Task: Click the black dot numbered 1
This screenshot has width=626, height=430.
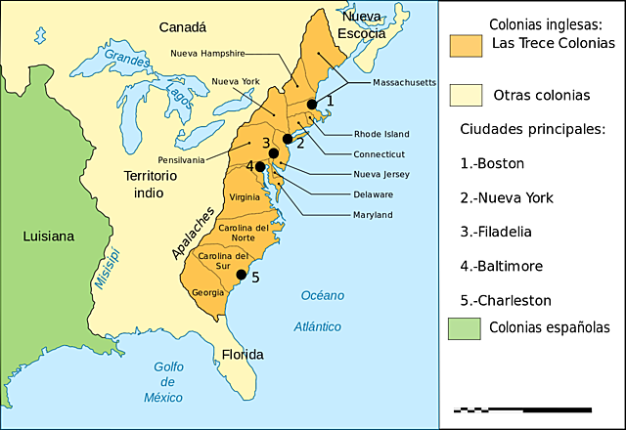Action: click(x=312, y=105)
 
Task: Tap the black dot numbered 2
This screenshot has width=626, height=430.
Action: click(x=288, y=140)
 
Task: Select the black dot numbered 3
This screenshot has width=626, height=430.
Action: click(x=274, y=153)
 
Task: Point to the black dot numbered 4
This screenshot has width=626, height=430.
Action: click(x=261, y=167)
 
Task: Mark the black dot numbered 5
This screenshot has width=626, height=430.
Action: click(x=242, y=275)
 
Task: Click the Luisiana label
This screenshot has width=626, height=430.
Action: click(x=48, y=236)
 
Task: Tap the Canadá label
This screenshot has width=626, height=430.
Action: click(x=182, y=27)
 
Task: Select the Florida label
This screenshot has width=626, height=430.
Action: click(x=242, y=354)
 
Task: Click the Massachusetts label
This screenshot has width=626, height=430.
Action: click(x=404, y=83)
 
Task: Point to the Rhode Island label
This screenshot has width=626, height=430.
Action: click(x=381, y=134)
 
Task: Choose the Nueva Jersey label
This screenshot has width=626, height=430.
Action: click(x=381, y=174)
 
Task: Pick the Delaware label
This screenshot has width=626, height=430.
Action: click(x=373, y=194)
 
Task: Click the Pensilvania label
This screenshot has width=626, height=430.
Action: click(x=181, y=159)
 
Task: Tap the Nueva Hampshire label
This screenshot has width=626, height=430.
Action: click(x=207, y=53)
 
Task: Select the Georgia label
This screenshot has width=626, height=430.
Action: click(x=207, y=292)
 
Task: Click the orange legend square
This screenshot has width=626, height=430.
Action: click(x=466, y=46)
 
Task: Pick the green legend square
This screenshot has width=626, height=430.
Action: click(x=466, y=328)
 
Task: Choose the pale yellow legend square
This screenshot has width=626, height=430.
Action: click(x=466, y=95)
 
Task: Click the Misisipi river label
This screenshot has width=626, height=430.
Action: click(x=108, y=268)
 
